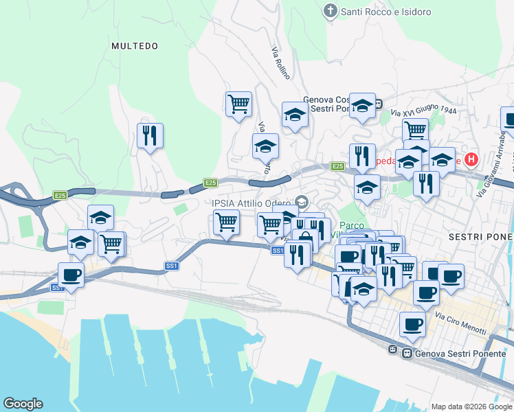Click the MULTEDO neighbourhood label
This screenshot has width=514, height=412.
[x=135, y=46]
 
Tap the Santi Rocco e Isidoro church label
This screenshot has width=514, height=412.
[x=386, y=12]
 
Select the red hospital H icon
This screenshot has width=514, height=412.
[x=471, y=160]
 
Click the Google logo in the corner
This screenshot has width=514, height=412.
[x=23, y=404]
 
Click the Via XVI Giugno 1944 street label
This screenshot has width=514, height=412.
[x=423, y=111]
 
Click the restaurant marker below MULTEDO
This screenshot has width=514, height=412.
[x=150, y=135]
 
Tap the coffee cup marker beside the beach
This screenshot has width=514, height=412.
[x=71, y=275]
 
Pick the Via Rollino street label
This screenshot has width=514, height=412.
[x=280, y=62]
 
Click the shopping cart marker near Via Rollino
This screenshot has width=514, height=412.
[x=238, y=104]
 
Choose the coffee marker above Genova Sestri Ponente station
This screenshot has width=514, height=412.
[x=412, y=323]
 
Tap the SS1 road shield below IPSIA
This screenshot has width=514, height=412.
[x=278, y=251]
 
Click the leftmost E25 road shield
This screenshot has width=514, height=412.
[x=61, y=196]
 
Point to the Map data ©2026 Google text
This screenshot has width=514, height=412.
[x=471, y=406]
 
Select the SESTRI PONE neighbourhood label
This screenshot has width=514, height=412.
[x=480, y=236]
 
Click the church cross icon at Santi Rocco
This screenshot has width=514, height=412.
[x=331, y=12]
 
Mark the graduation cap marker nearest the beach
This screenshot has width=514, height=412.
[x=81, y=242]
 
